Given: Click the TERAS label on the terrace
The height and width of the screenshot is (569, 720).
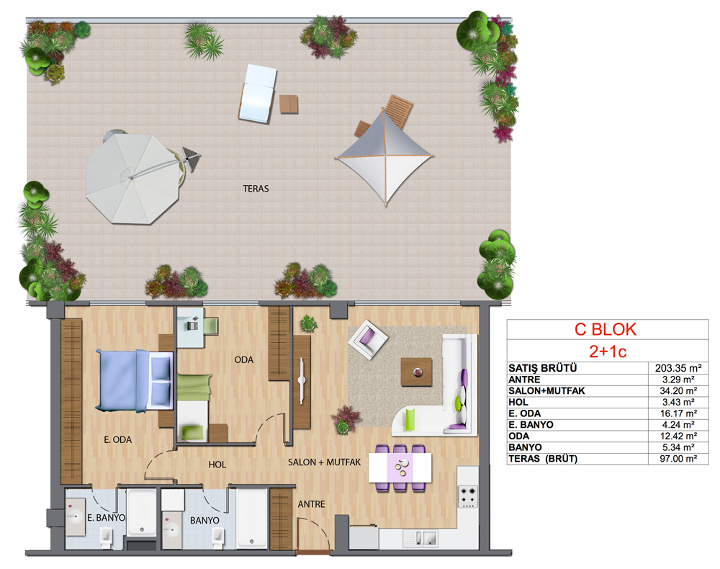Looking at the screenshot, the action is click(x=256, y=189).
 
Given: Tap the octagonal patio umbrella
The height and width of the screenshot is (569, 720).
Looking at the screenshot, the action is click(x=132, y=178).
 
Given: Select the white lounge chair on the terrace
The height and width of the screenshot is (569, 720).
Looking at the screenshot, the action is click(x=258, y=93).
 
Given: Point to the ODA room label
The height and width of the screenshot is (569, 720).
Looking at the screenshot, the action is click(x=244, y=360).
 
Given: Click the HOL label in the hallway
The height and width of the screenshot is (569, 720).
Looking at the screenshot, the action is click(x=217, y=465).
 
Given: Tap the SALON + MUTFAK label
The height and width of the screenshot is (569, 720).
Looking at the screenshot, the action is click(x=324, y=462).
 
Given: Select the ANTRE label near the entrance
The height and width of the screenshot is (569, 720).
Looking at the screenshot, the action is click(x=311, y=504).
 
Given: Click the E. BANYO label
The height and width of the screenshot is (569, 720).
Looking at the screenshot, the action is click(x=106, y=518).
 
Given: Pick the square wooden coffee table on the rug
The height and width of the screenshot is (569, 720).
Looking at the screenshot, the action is click(x=416, y=372).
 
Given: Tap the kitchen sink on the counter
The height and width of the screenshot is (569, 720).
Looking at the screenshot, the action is click(x=420, y=538).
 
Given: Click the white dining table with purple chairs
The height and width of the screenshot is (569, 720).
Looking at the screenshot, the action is click(x=400, y=468).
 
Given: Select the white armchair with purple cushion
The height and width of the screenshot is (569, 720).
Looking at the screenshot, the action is click(x=368, y=339).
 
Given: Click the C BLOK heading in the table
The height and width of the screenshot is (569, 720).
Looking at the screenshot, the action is click(x=606, y=329).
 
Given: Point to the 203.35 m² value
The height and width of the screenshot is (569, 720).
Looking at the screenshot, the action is click(x=678, y=368).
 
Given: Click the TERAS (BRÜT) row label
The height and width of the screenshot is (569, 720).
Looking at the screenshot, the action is click(x=543, y=459).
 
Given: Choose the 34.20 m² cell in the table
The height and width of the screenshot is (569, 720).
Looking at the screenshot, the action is click(x=678, y=391).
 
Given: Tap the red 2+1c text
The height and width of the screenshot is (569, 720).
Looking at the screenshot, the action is click(x=608, y=351).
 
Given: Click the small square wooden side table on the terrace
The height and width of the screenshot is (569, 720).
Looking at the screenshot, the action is click(x=289, y=104).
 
